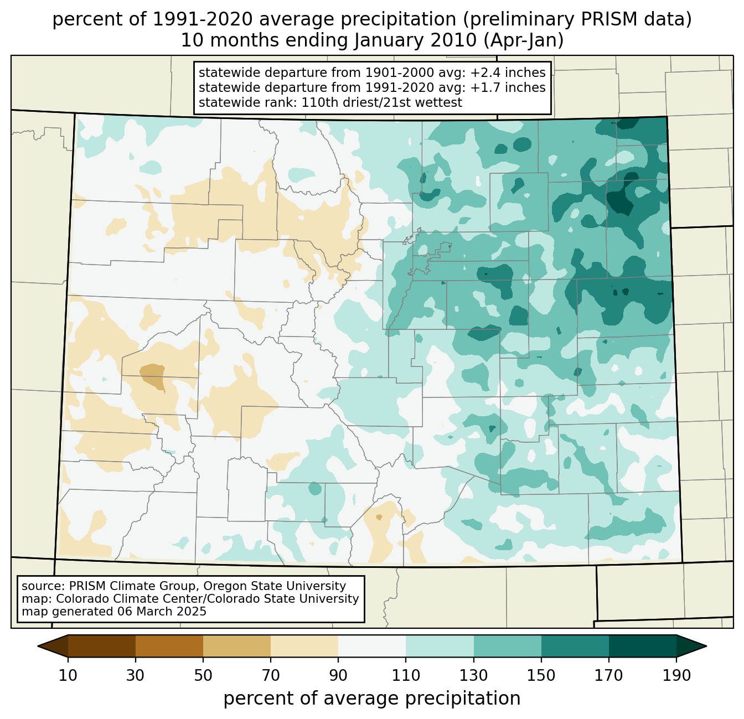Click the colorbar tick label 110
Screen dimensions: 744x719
[x=406, y=675]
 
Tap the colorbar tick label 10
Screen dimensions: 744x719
[x=68, y=675]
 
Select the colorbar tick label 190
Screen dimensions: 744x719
[x=676, y=675]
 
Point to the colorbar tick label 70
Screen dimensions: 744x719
[x=271, y=675]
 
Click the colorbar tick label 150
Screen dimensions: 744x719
[x=541, y=675]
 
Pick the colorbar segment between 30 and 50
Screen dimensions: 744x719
[x=169, y=646]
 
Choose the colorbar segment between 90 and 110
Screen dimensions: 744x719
[x=372, y=646]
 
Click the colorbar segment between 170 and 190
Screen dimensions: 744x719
[x=642, y=646]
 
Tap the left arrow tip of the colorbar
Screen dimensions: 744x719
[x=38, y=646]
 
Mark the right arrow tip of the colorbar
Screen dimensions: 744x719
[x=706, y=646]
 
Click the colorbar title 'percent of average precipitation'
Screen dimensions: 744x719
[x=371, y=699]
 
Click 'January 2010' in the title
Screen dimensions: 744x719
[x=415, y=40]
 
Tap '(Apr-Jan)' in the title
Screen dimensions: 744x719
[x=524, y=41]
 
